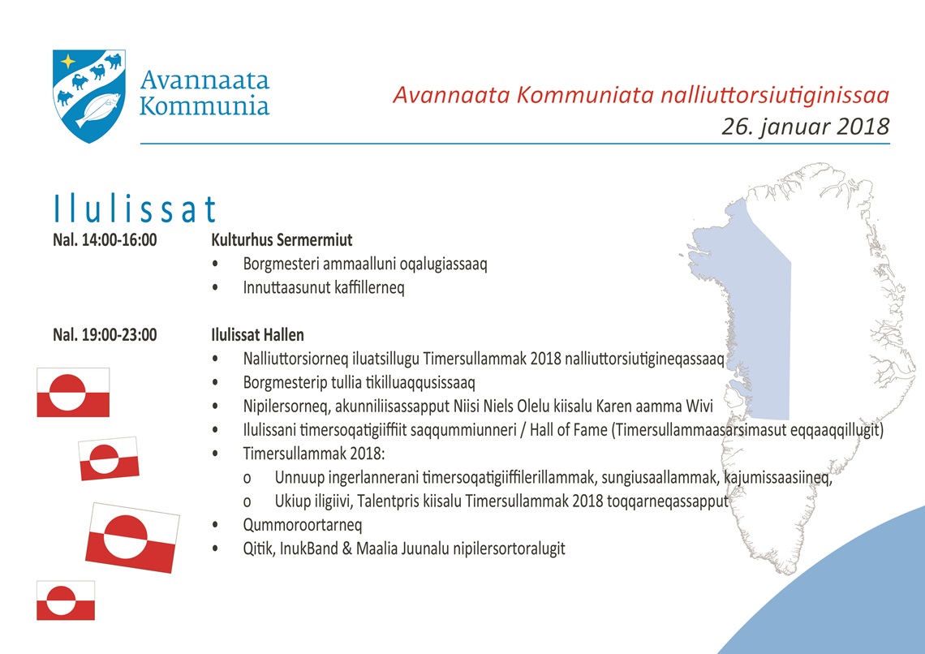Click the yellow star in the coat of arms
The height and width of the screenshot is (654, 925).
click(68, 62)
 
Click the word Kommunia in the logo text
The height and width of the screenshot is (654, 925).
click(204, 106)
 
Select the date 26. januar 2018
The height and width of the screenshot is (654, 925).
click(805, 127)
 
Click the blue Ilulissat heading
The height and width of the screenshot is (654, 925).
click(135, 209)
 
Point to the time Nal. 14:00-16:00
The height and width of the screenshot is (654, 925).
click(105, 240)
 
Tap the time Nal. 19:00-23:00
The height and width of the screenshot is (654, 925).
click(105, 335)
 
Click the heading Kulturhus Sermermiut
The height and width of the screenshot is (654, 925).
click(282, 240)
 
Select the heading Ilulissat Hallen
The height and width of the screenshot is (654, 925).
click(258, 335)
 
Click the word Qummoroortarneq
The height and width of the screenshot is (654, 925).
click(303, 526)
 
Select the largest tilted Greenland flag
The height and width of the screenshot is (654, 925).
click(133, 538)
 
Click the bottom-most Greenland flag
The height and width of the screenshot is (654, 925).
click(66, 600)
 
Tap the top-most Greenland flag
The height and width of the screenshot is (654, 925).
click(73, 392)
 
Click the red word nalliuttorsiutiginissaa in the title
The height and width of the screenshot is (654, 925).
click(775, 95)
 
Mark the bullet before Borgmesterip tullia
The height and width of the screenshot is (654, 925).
click(215, 383)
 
